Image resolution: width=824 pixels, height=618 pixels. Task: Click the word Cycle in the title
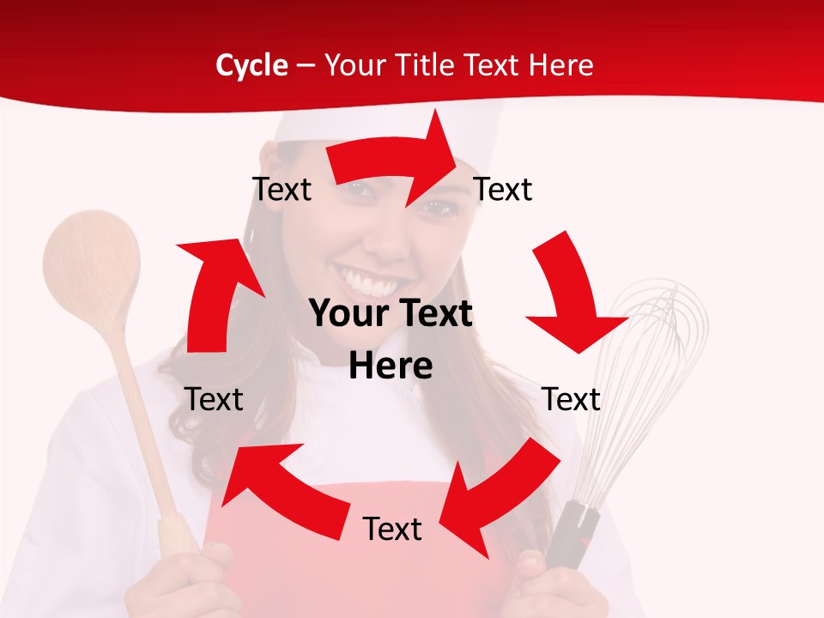click(x=251, y=65)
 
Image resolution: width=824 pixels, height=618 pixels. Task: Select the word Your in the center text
click(x=347, y=314)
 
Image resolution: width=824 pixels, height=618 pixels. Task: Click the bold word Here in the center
click(x=391, y=367)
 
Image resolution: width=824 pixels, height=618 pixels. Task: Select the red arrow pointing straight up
click(x=215, y=292)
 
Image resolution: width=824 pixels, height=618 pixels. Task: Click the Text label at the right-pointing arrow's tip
click(x=503, y=189)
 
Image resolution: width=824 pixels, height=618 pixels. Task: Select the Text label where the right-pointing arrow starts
click(x=282, y=189)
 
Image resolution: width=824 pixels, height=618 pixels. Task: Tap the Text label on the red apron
click(x=392, y=529)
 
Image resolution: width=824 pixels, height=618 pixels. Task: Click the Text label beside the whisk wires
click(x=571, y=399)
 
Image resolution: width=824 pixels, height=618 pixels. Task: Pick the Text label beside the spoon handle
click(x=214, y=399)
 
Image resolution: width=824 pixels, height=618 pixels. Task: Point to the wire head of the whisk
click(x=652, y=360)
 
